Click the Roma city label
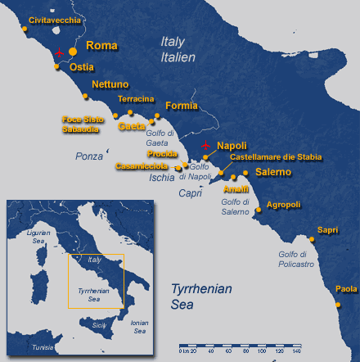102,46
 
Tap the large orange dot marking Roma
73,52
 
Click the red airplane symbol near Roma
59,52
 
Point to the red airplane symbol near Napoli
205,146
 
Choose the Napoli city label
232,145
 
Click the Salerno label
273,172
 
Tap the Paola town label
346,288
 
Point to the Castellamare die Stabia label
276,156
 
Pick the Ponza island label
89,156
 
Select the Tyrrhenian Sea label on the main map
201,296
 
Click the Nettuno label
110,84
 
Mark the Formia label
181,106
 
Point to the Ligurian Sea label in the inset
39,236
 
